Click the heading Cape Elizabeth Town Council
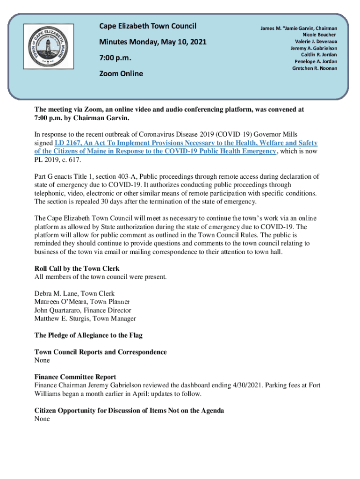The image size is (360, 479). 147,26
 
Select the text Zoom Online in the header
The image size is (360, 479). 121,73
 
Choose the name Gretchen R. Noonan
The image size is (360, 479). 315,68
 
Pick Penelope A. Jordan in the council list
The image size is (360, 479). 316,61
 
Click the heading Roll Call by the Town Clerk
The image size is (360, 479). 77,269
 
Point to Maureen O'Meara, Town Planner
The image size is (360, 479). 82,302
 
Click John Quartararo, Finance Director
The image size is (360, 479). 83,310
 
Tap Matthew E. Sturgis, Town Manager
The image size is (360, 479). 85,319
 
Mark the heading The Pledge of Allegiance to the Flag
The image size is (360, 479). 88,335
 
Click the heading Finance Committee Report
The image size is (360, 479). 75,377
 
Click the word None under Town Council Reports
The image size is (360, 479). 42,361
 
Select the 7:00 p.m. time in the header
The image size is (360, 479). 115,58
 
